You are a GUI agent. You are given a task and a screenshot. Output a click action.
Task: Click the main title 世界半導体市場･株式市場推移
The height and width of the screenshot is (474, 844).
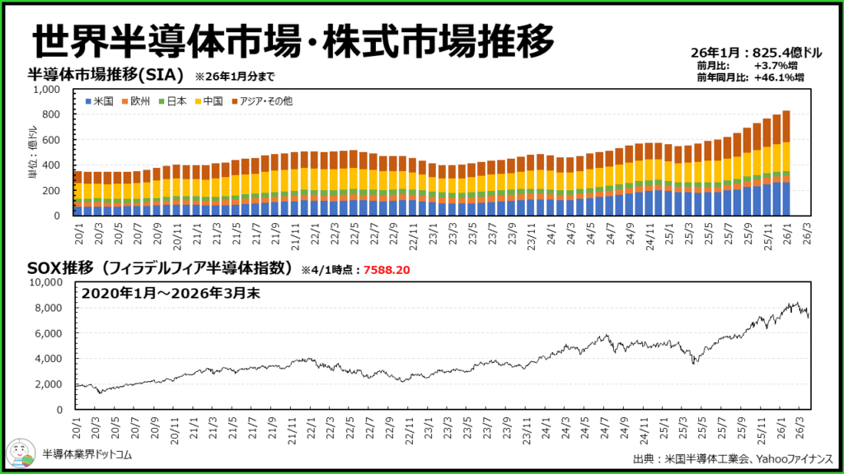click(x=293, y=39)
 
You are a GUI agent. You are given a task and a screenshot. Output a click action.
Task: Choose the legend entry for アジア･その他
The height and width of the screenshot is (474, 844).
click(x=260, y=100)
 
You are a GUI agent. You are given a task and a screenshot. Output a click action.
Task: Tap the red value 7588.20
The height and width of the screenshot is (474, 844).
click(x=387, y=269)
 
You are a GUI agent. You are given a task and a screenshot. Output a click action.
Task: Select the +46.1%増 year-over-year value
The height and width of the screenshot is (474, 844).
click(x=778, y=77)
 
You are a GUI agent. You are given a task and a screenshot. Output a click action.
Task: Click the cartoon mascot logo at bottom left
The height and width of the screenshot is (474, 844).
click(x=20, y=453)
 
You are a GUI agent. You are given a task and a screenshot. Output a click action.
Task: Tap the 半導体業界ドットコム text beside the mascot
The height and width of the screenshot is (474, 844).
click(x=87, y=454)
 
